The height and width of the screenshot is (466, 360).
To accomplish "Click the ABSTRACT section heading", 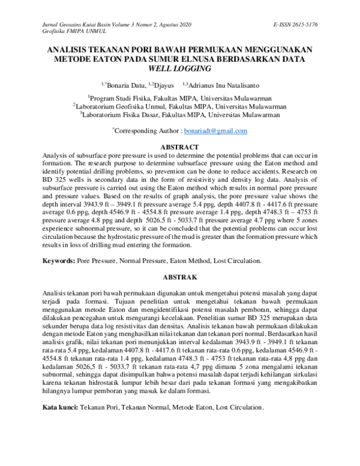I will click(x=180, y=147).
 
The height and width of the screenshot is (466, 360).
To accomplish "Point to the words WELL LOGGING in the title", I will click(x=180, y=69).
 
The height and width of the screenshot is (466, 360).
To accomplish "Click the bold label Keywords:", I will click(x=58, y=261).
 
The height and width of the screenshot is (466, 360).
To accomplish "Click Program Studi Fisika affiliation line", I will click(x=180, y=97).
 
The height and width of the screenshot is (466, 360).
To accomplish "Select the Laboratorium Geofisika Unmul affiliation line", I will click(x=180, y=106).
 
